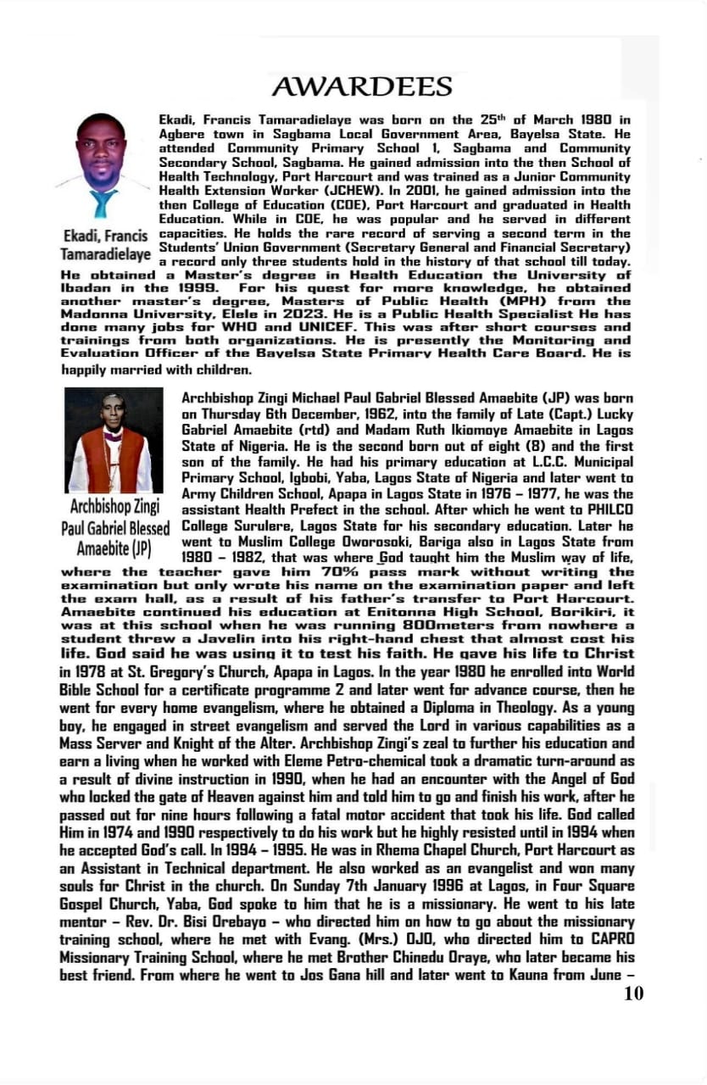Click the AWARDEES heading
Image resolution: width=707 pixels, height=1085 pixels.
[x=362, y=86]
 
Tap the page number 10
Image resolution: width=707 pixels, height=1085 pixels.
[x=633, y=993]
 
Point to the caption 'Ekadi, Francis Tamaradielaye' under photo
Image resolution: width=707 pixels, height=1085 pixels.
[x=105, y=243]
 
